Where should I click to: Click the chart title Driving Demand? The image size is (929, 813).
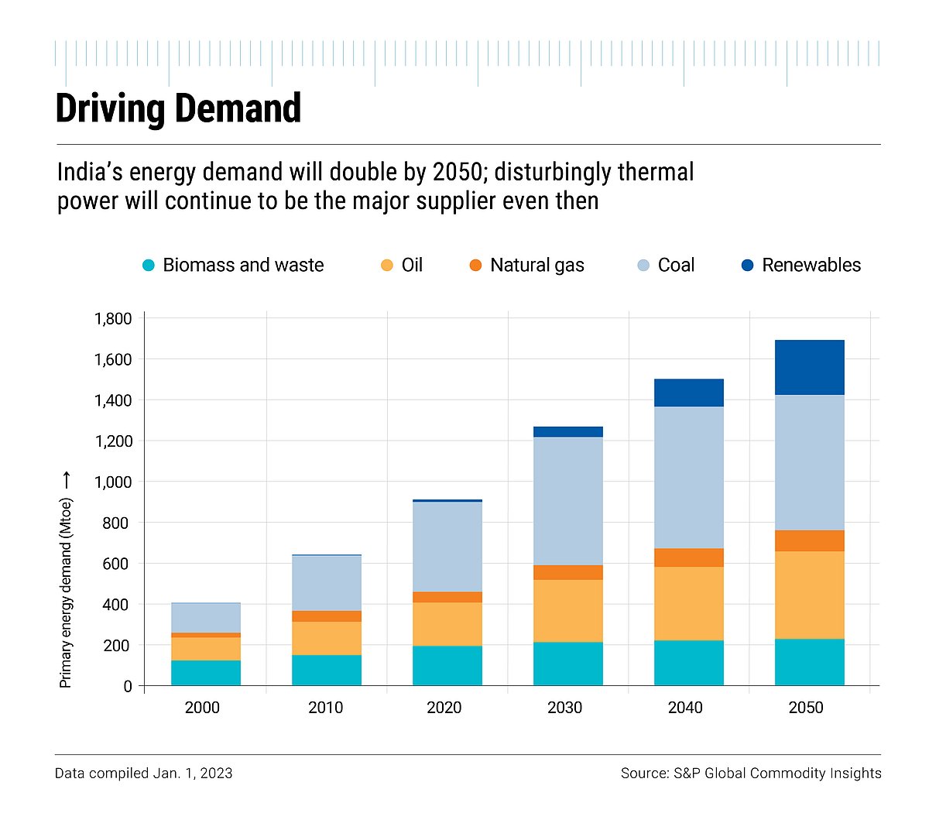tap(178, 108)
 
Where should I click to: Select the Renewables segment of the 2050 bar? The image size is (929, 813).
tap(809, 368)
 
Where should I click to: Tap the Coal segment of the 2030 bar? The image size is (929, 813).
tap(567, 501)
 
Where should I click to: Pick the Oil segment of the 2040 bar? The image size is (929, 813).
tap(688, 603)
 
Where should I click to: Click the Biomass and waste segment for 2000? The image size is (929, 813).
tap(205, 672)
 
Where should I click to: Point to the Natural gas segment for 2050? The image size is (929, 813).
tap(809, 540)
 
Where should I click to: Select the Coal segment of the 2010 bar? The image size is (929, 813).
tap(326, 583)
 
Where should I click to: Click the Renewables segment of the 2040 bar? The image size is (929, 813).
tap(688, 393)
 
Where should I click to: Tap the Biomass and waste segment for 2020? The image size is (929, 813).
tap(447, 665)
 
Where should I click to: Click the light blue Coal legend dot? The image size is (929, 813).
tap(643, 266)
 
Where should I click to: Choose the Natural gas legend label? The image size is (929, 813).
tap(536, 266)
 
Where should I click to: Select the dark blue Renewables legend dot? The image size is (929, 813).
tap(747, 266)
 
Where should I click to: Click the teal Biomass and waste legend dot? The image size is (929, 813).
tap(149, 266)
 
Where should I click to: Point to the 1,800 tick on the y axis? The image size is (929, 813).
tap(113, 319)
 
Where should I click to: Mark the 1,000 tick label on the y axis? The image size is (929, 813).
tap(113, 482)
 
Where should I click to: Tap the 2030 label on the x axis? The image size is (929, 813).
tap(564, 708)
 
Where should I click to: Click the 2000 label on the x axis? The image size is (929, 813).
tap(202, 708)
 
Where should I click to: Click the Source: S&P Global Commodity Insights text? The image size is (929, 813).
tap(750, 773)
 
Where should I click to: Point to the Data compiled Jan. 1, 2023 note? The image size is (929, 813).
tap(144, 773)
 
